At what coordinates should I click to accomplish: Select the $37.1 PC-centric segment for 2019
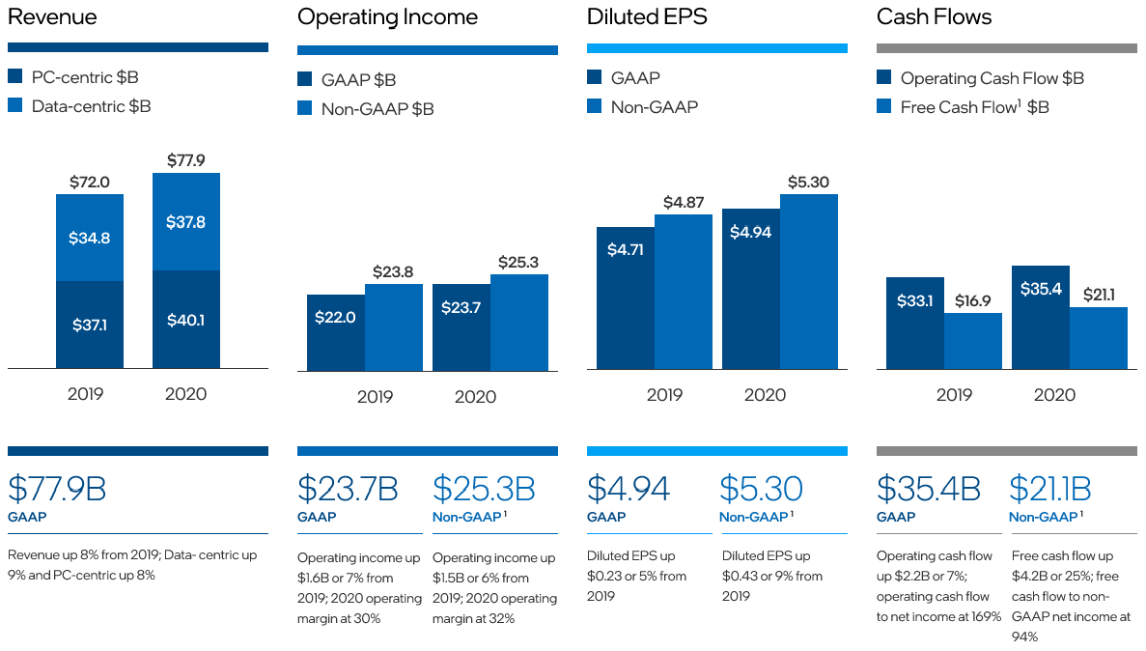pyautogui.click(x=90, y=325)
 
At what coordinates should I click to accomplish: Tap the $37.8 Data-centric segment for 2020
pyautogui.click(x=186, y=222)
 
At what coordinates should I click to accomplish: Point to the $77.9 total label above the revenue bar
pyautogui.click(x=186, y=160)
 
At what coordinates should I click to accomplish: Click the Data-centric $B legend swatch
pyautogui.click(x=14, y=106)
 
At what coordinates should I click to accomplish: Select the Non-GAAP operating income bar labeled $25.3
pyautogui.click(x=518, y=322)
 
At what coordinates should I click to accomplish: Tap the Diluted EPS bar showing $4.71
pyautogui.click(x=625, y=297)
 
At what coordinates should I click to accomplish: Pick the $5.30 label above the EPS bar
pyautogui.click(x=808, y=182)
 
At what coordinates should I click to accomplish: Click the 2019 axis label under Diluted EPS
pyautogui.click(x=664, y=395)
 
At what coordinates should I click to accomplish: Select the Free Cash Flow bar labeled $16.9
pyautogui.click(x=972, y=340)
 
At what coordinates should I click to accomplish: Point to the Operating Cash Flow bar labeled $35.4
pyautogui.click(x=1040, y=317)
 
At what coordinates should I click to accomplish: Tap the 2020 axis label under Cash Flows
pyautogui.click(x=1054, y=395)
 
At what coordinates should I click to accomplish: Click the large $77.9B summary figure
pyautogui.click(x=57, y=489)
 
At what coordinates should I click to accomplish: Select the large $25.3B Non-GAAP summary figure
pyautogui.click(x=484, y=489)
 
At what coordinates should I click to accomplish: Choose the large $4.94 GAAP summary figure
pyautogui.click(x=629, y=489)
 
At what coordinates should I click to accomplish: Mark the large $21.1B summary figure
pyautogui.click(x=1050, y=489)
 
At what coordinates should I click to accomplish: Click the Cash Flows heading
pyautogui.click(x=934, y=16)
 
